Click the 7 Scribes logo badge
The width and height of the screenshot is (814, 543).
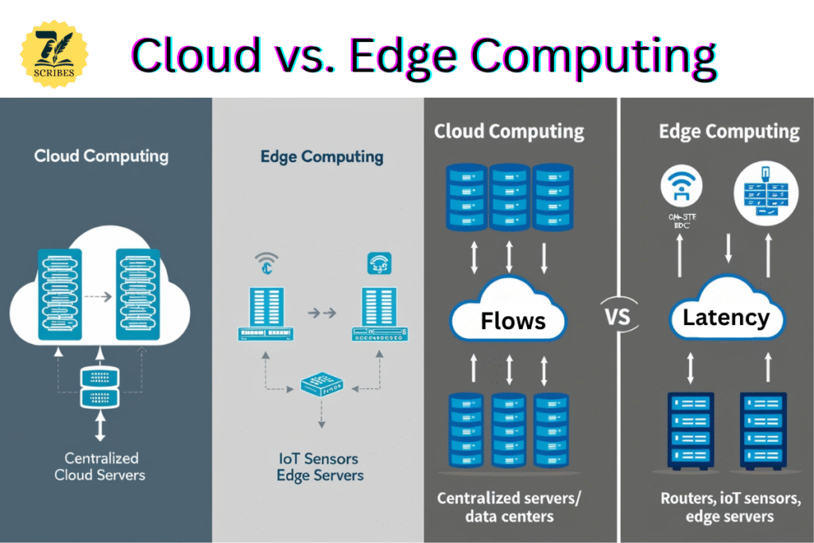point(54,53)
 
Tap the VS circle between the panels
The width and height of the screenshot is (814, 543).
point(618,317)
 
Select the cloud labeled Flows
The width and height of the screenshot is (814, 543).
point(509,319)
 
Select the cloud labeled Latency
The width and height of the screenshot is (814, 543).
point(726,317)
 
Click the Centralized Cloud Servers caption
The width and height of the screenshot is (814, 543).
point(100,467)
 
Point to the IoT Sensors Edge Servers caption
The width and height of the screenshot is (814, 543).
point(320,467)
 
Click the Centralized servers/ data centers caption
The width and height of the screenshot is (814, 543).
point(509,507)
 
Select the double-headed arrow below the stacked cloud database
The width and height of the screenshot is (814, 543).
point(100,425)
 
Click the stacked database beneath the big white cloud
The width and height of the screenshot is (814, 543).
point(100,387)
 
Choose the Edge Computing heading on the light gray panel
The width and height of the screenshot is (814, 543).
point(321,157)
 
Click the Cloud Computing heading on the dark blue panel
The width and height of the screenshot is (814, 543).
point(101,155)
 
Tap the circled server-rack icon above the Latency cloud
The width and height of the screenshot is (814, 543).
point(762,188)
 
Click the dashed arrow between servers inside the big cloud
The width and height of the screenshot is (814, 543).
point(98,297)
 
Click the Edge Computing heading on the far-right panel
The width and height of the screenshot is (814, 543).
point(729,131)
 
